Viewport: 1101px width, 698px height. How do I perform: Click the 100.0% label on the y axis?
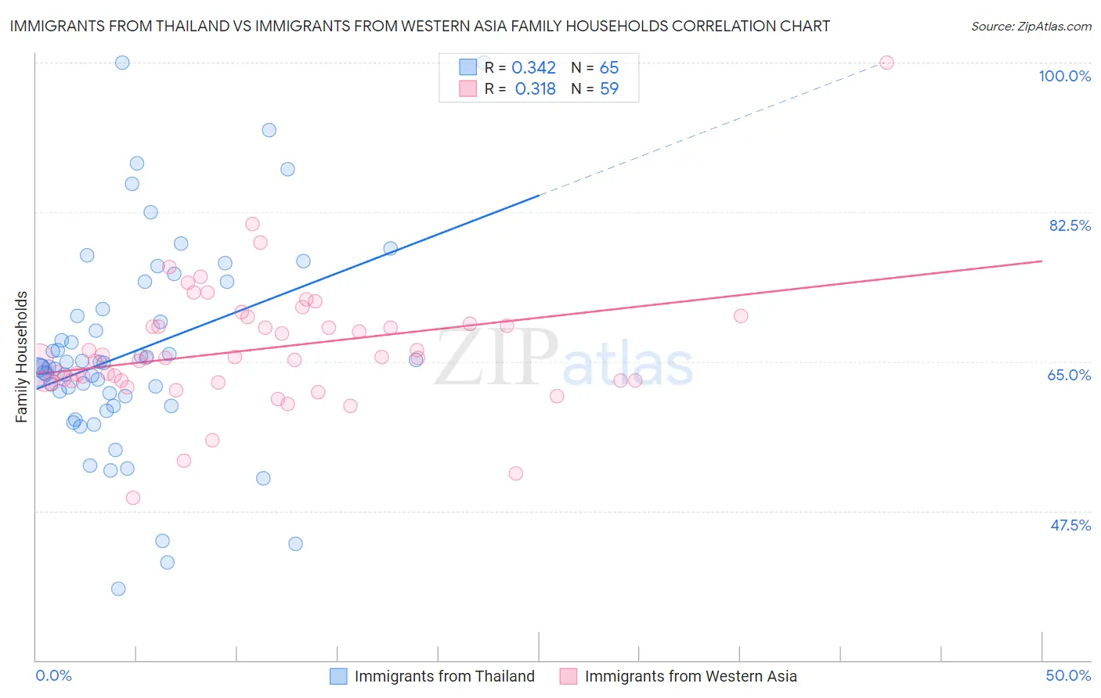[x=1064, y=76]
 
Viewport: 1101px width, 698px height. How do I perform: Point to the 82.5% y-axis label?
[x=1070, y=225]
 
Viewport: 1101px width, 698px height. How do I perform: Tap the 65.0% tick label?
[x=1069, y=375]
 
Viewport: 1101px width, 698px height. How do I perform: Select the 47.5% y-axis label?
[x=1070, y=525]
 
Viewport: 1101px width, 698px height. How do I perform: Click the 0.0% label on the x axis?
[x=53, y=675]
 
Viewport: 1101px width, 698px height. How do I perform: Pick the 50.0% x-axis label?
[x=1068, y=675]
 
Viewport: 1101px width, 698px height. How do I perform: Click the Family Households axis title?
[x=22, y=357]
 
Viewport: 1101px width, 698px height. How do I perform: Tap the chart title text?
[x=420, y=26]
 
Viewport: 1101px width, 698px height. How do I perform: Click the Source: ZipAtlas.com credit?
[x=1031, y=26]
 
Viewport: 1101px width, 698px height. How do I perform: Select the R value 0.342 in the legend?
[x=533, y=68]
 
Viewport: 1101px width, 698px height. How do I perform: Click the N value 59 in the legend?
[x=608, y=89]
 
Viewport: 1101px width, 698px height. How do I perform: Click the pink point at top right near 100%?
[x=886, y=63]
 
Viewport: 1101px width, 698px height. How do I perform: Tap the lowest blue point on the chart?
[x=118, y=588]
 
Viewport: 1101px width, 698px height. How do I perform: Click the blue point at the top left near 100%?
[x=122, y=63]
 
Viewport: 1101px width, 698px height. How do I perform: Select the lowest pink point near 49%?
[x=133, y=498]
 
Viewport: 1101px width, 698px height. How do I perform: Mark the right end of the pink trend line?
[x=1041, y=261]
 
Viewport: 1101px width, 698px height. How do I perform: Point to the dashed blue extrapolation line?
[x=705, y=133]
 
